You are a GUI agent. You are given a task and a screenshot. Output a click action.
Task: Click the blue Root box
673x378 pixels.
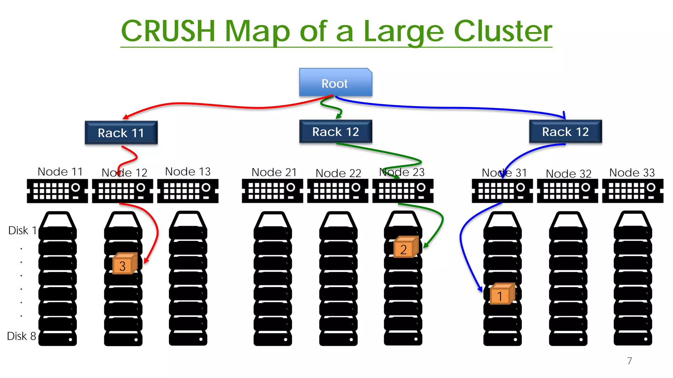(335, 82)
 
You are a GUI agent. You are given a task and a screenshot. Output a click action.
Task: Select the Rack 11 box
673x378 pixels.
(121, 133)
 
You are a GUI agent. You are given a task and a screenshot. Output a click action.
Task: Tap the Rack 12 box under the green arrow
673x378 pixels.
(335, 132)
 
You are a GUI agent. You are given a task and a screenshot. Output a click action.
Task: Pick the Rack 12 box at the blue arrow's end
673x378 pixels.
(565, 132)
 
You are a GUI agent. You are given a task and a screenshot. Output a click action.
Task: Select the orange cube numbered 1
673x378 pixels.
(501, 294)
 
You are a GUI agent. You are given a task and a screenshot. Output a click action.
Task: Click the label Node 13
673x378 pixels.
(188, 171)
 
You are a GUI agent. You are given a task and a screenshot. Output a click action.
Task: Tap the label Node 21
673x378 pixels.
(274, 172)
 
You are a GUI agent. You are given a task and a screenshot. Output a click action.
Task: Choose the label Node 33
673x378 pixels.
(632, 172)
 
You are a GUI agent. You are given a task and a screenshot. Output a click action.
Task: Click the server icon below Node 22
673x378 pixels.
(337, 191)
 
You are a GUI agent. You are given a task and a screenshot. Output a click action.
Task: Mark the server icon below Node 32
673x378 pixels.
(567, 191)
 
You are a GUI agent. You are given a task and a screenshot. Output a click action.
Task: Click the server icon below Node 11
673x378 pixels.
(57, 191)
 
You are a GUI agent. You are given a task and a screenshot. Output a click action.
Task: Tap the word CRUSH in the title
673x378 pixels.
(168, 31)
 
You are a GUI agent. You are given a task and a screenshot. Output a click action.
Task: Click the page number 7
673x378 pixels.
(629, 361)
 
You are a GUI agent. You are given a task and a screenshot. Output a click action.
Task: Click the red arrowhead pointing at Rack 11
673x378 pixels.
(125, 117)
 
